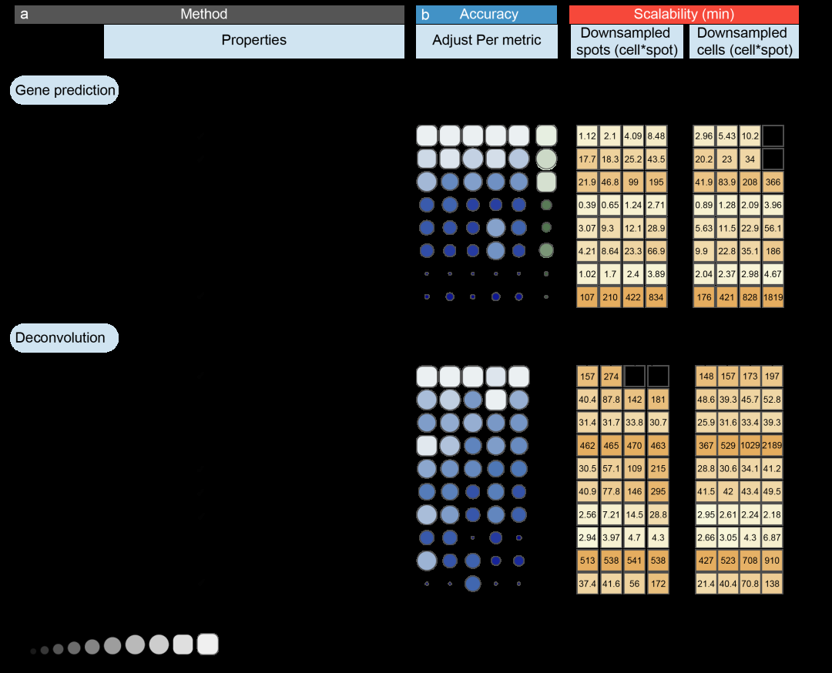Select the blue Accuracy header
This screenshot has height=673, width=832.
[x=487, y=15]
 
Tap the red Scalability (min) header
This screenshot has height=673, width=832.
[x=683, y=15]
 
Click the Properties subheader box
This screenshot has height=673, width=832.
[x=254, y=41]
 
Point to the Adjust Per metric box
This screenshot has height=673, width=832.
[x=487, y=41]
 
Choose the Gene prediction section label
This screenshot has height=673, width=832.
[x=65, y=90]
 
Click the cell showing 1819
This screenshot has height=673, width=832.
[x=773, y=296]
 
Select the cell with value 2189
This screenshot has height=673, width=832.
[x=773, y=445]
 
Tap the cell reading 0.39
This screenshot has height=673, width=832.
[x=588, y=206]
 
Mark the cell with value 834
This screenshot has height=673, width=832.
[x=657, y=296]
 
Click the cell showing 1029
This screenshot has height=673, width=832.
[x=750, y=445]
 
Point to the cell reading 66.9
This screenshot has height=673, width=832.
[x=657, y=251]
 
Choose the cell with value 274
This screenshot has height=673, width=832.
[x=611, y=377]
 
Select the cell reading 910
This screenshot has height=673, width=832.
[x=773, y=560]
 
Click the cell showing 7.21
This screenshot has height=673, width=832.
[x=611, y=514]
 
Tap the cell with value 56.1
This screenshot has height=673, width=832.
[x=773, y=229]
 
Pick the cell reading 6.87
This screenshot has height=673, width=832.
[x=773, y=537]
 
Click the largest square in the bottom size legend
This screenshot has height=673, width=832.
[x=208, y=644]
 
